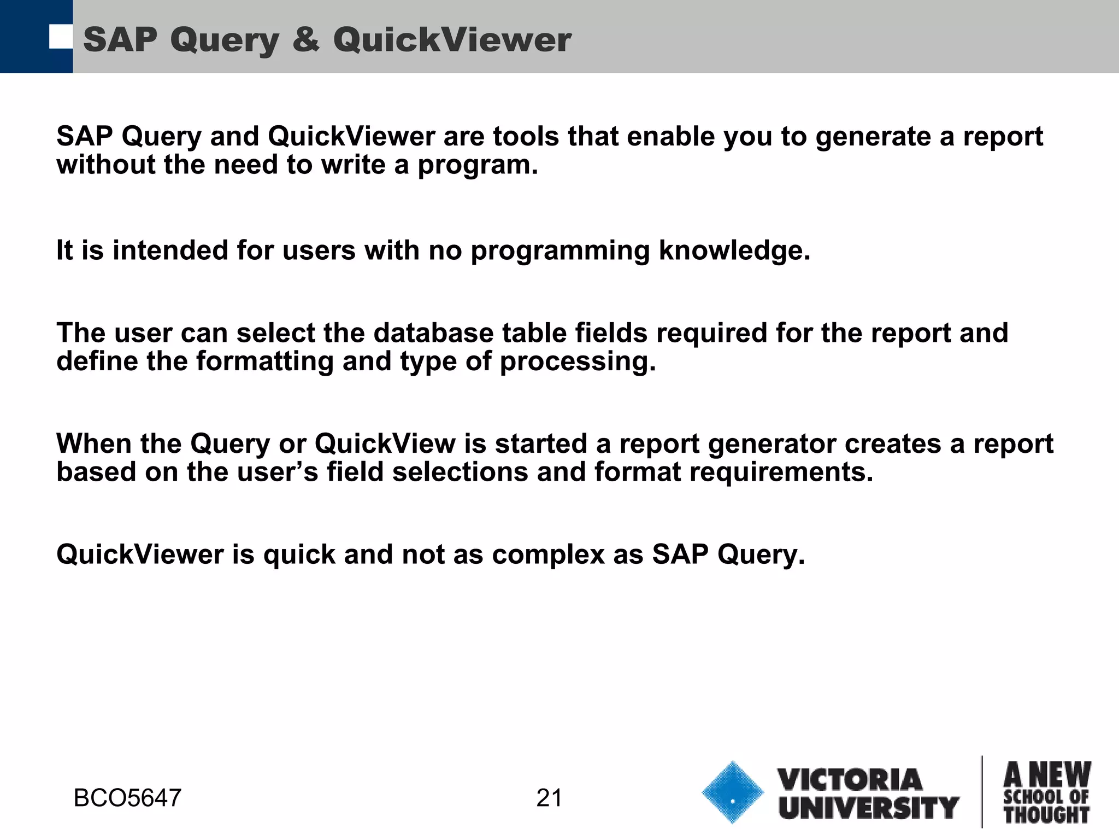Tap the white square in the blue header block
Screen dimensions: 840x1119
61,37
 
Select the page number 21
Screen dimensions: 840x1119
549,798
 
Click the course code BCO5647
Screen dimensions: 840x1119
127,798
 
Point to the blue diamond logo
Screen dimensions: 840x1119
732,792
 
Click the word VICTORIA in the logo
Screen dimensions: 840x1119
850,780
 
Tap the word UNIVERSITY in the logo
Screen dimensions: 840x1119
869,808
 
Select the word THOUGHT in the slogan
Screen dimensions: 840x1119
1046,815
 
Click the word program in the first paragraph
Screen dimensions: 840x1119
478,166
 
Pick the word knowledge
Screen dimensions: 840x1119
734,250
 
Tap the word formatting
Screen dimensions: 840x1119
264,361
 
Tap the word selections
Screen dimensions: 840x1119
460,472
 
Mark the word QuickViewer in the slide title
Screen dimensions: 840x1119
452,40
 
